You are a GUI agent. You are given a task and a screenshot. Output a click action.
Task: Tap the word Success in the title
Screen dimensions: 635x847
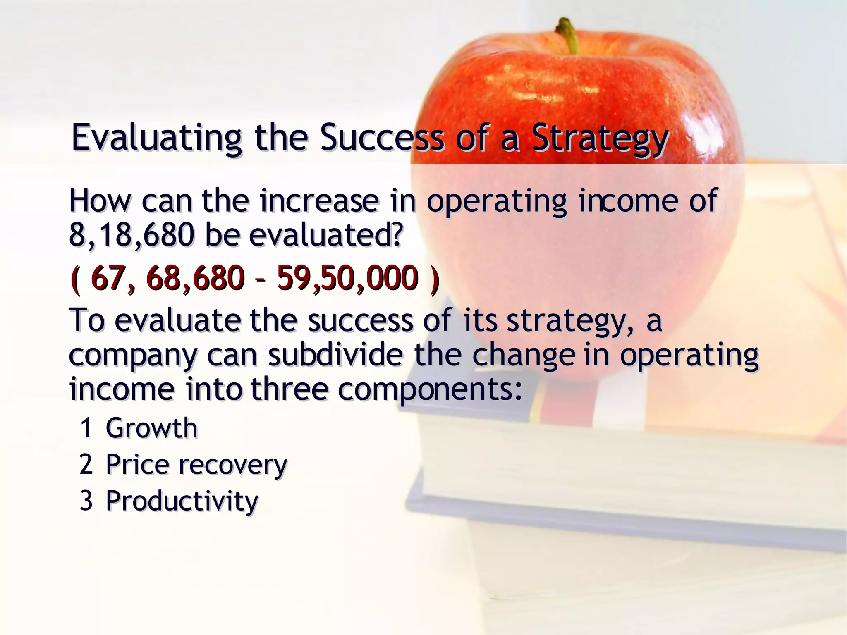click(x=382, y=137)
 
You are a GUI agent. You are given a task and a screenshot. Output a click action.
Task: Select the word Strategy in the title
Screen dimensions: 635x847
click(x=600, y=138)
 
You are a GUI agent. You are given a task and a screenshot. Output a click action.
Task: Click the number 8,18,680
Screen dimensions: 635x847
click(x=132, y=235)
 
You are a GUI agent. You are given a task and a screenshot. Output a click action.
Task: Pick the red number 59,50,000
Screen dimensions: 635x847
click(x=347, y=278)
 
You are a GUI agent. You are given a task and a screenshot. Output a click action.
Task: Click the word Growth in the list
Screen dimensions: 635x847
click(x=152, y=428)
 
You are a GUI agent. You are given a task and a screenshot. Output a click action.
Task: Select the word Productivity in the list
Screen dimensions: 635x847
click(x=182, y=501)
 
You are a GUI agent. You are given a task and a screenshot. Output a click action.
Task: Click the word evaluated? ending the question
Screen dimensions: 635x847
click(x=326, y=235)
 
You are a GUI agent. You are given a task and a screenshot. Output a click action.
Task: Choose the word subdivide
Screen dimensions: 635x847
click(x=335, y=355)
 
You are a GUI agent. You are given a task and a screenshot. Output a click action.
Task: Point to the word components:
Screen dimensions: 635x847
click(x=431, y=389)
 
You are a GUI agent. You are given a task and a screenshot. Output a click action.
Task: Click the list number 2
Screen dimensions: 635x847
click(x=86, y=464)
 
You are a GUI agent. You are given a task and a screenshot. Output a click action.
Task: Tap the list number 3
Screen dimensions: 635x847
click(x=86, y=501)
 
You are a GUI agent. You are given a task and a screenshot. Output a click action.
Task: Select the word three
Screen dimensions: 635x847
click(x=290, y=389)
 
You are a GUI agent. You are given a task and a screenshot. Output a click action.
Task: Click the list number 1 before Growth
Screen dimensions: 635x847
click(x=86, y=428)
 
